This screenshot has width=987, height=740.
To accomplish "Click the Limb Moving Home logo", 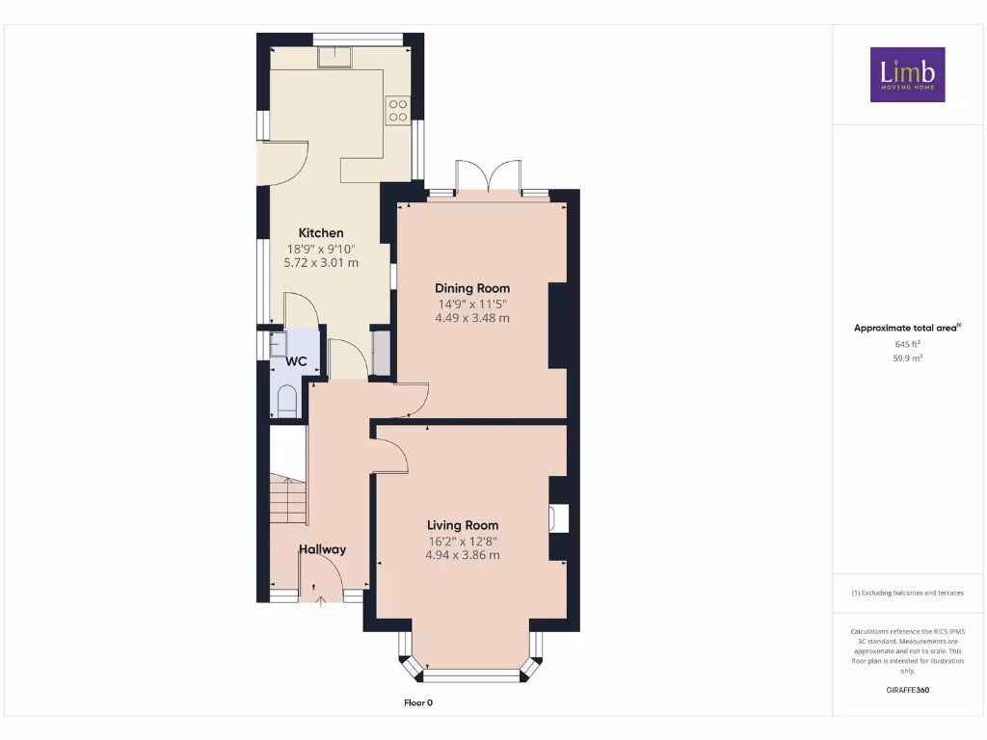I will (x=907, y=74).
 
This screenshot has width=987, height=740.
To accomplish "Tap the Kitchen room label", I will (x=321, y=233).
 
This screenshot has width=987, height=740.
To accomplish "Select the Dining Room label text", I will (x=471, y=288).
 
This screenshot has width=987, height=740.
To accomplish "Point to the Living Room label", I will (x=463, y=525).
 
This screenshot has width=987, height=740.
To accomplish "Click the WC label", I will (x=296, y=361).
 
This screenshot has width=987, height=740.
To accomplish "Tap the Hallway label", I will (x=322, y=549).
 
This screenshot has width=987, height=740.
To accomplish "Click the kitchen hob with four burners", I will (x=398, y=110).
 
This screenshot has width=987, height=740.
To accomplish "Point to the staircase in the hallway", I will (x=287, y=498).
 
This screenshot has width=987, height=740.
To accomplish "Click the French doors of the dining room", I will (x=490, y=177).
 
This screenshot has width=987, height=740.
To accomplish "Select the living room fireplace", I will (x=558, y=518).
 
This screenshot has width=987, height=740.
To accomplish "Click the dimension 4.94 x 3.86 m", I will (x=463, y=555).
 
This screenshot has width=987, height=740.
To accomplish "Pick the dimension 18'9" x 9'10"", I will (x=321, y=248).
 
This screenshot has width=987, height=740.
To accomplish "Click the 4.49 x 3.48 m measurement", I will (x=471, y=318).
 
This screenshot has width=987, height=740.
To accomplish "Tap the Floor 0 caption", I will (x=418, y=702).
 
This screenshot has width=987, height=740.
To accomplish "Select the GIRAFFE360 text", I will (x=907, y=690).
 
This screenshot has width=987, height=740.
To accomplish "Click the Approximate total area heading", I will (x=906, y=329).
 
